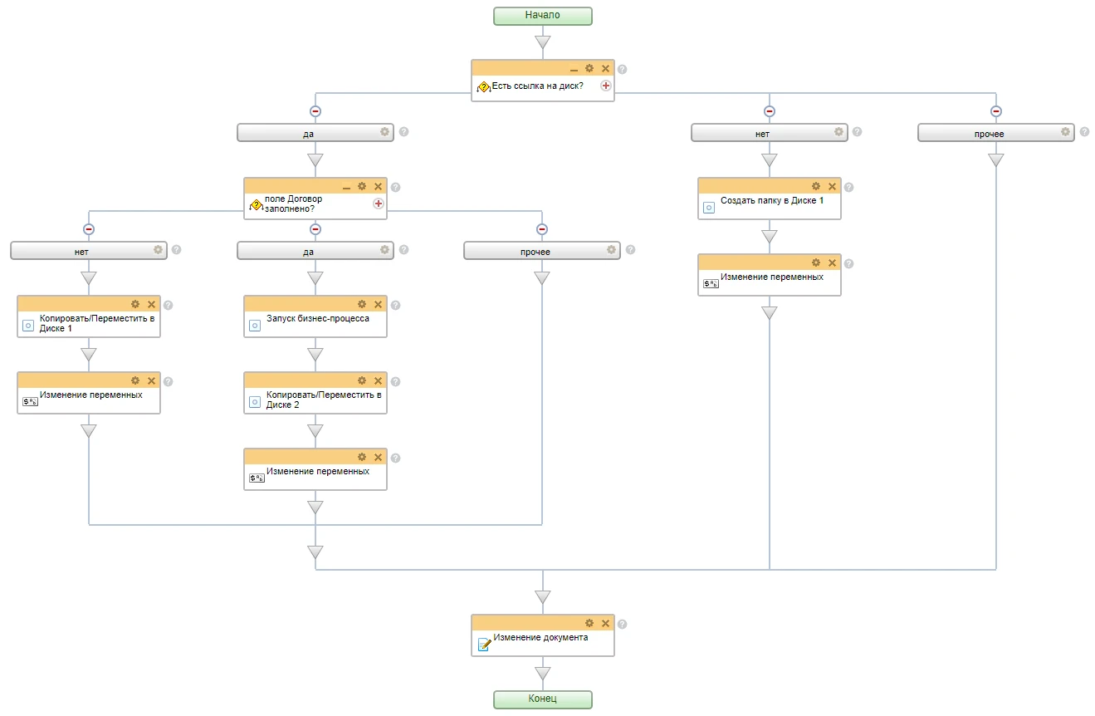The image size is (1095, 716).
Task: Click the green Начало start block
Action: [x=543, y=16]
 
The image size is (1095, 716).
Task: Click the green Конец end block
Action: [x=543, y=699]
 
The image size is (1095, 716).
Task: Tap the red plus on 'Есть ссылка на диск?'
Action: [x=606, y=86]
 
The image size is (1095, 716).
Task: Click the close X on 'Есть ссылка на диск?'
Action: [x=606, y=68]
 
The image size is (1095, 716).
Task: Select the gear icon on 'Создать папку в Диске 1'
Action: [x=816, y=186]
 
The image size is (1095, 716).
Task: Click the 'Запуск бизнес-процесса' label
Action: [x=318, y=318]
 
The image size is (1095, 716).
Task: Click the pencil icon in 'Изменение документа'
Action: [x=484, y=645]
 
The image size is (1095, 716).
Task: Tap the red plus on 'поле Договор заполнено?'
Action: [x=379, y=204]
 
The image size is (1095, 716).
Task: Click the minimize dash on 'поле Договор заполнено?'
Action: [x=346, y=188]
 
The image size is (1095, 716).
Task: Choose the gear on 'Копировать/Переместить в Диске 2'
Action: [x=362, y=380]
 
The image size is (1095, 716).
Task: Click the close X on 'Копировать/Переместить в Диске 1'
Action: [x=152, y=304]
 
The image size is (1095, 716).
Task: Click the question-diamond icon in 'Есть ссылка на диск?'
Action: [x=484, y=87]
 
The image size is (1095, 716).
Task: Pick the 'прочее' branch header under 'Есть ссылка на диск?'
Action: [x=995, y=133]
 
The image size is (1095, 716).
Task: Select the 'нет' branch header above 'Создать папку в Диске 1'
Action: [x=769, y=133]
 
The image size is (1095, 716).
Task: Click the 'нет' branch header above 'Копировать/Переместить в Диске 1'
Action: [x=89, y=251]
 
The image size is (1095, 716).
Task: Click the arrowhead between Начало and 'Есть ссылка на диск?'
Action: [x=543, y=42]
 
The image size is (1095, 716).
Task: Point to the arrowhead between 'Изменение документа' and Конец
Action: [x=543, y=674]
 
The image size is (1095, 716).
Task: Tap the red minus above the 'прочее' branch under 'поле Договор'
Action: [x=541, y=229]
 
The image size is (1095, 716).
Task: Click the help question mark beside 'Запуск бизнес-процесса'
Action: [x=395, y=305]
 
